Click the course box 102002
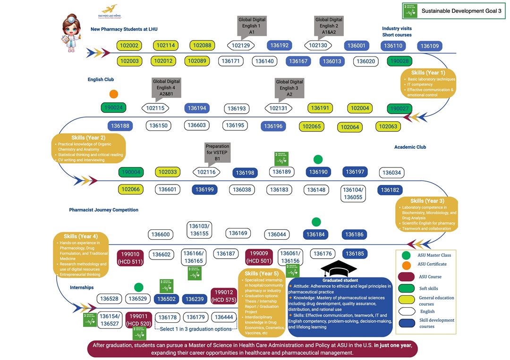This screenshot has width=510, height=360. coord(129,46)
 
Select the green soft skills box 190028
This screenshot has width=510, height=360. coord(399,61)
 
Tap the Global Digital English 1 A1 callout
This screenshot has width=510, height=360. coord(252,25)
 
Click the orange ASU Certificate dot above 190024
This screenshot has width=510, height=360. coord(113,94)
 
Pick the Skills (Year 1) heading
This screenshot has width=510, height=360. coord(428,73)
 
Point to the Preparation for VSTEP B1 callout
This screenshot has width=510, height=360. coord(217,152)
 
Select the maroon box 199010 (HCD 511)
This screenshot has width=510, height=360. coord(131,257)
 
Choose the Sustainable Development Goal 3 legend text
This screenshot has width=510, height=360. coord(461,10)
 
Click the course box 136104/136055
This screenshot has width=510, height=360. coord(353,193)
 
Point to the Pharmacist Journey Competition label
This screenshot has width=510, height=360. coord(103,209)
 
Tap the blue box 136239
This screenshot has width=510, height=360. coord(195,299)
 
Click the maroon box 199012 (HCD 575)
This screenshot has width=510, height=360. coord(223,296)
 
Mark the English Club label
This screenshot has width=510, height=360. coord(101,79)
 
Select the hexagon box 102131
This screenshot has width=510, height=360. coord(281,108)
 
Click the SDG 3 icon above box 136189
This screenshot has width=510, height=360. coord(282,159)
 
